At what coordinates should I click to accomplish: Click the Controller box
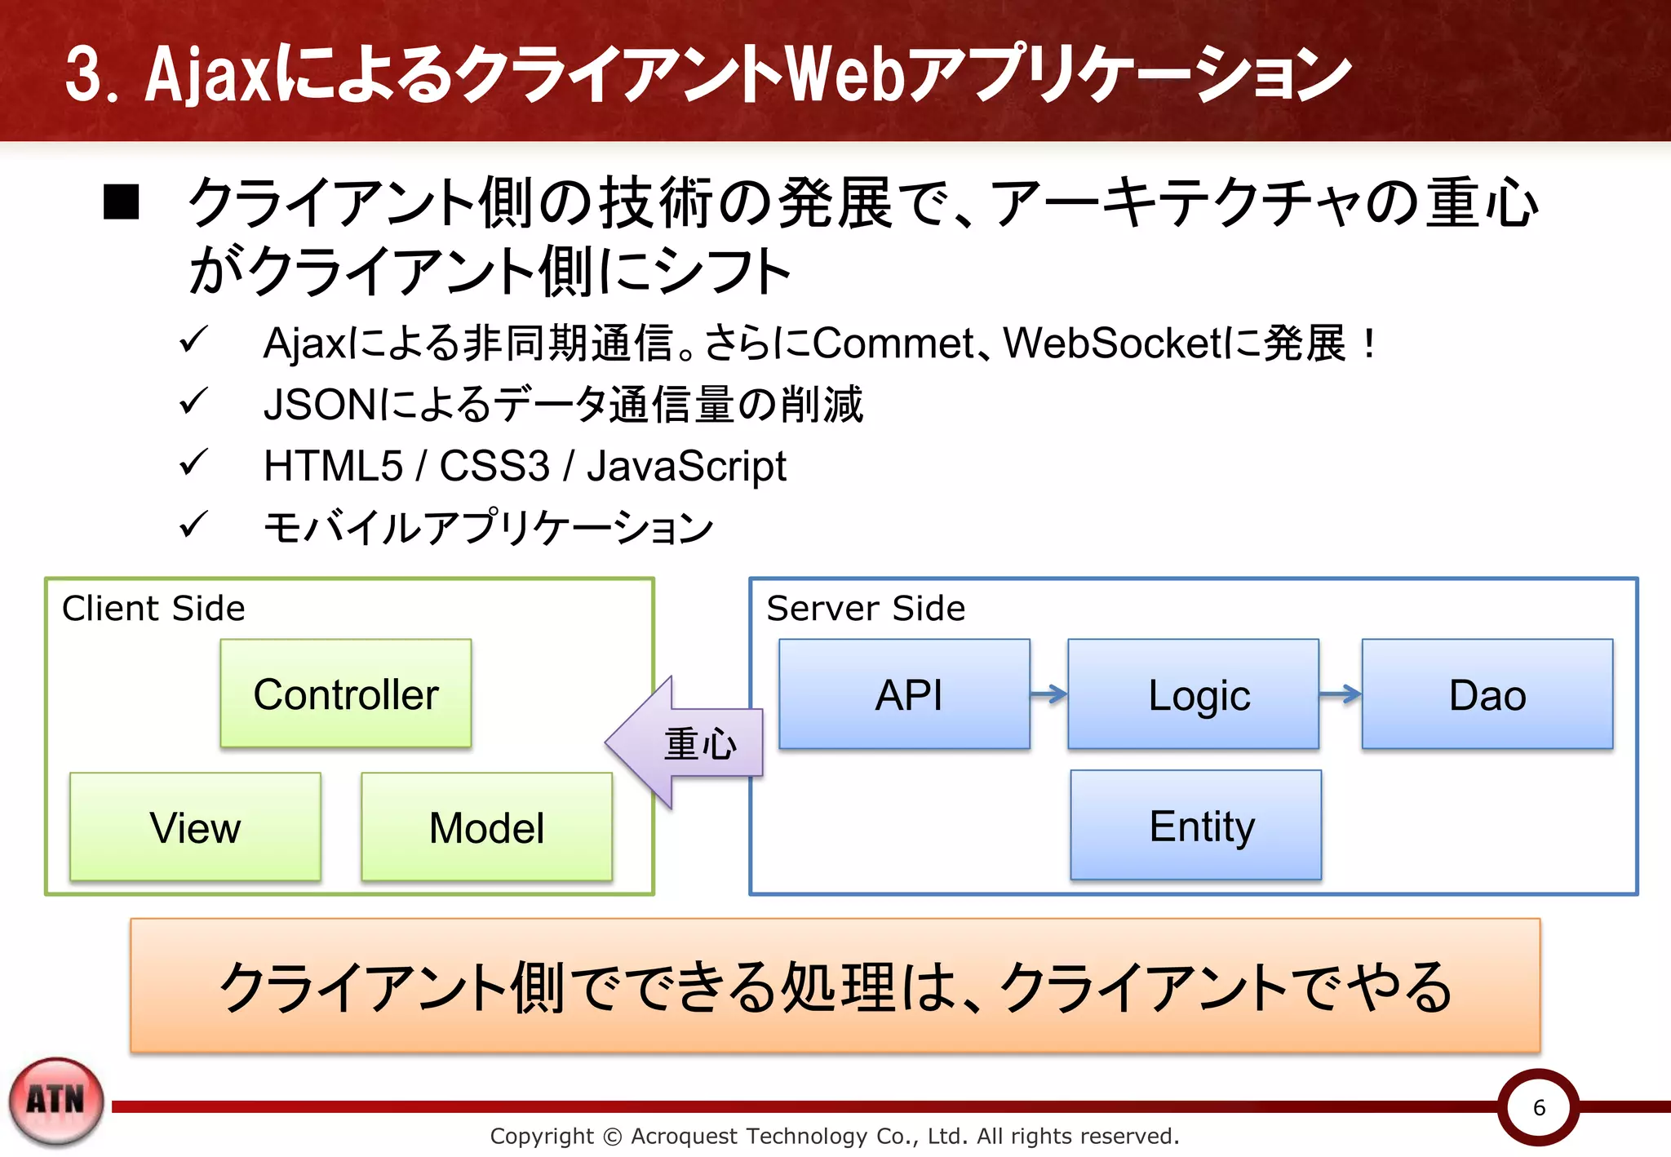point(345,694)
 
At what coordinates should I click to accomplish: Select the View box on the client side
point(195,827)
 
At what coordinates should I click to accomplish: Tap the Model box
point(486,827)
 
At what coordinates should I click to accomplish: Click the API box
point(904,694)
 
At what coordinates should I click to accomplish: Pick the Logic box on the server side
point(1193,694)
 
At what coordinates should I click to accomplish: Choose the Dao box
point(1487,694)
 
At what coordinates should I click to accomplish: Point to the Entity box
point(1195,825)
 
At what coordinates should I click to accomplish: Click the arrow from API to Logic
point(1048,694)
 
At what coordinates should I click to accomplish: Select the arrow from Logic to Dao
point(1340,694)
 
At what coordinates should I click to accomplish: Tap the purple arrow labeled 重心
point(685,743)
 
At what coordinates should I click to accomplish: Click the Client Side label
point(153,609)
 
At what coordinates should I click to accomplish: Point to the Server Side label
point(866,609)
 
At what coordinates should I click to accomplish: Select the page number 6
point(1539,1107)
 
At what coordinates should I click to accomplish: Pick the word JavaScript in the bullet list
point(686,467)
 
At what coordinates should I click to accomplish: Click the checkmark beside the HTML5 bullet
point(193,463)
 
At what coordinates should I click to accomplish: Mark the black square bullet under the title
point(122,202)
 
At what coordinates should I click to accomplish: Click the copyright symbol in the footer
point(612,1136)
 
